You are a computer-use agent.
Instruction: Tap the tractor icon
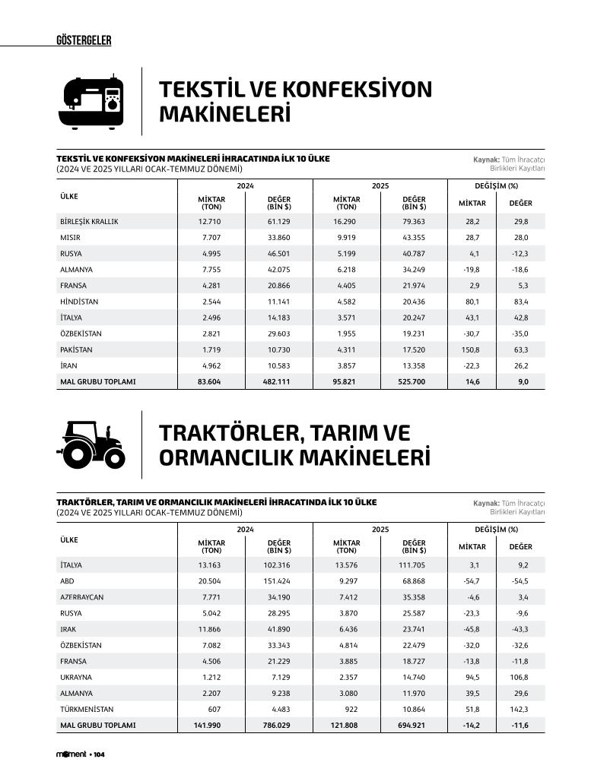click(x=91, y=444)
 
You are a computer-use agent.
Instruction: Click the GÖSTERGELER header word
click(x=84, y=40)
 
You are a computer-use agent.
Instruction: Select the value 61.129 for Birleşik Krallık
click(x=278, y=221)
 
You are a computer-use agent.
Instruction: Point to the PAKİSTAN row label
click(x=76, y=349)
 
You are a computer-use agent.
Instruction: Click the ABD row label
click(x=67, y=581)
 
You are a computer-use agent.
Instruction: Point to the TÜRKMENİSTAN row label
click(x=86, y=709)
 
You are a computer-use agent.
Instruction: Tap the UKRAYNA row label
click(x=76, y=677)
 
